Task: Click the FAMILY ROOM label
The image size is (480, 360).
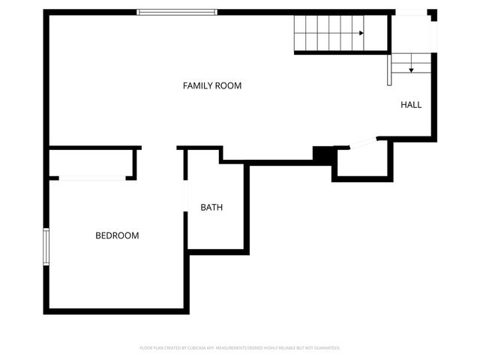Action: click(x=212, y=85)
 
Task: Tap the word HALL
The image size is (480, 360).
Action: click(x=411, y=105)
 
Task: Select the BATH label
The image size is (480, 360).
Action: click(x=211, y=208)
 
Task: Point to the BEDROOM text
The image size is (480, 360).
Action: click(x=117, y=235)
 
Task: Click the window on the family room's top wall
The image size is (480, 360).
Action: click(x=177, y=12)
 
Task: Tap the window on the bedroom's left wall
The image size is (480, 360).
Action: click(x=46, y=247)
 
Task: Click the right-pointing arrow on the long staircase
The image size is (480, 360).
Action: click(x=361, y=33)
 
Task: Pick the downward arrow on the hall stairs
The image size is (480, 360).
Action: click(x=411, y=69)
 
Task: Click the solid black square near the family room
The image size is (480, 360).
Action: click(x=323, y=153)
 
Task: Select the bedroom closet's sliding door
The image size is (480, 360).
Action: click(x=92, y=178)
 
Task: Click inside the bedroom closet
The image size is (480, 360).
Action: click(x=91, y=163)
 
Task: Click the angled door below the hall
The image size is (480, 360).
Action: click(x=363, y=142)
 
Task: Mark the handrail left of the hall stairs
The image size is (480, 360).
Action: click(x=390, y=69)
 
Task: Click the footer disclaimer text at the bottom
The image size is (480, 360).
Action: click(x=240, y=348)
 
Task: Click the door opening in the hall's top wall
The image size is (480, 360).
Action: click(x=411, y=12)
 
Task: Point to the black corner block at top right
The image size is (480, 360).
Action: click(x=433, y=13)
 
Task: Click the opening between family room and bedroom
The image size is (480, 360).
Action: click(x=159, y=148)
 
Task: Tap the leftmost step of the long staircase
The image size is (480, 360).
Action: click(x=300, y=33)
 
